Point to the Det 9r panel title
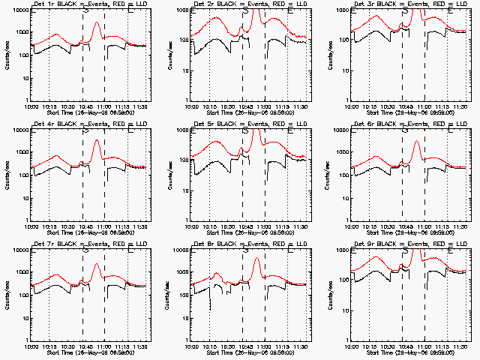pyautogui.click(x=409, y=244)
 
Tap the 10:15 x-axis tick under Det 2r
pyautogui.click(x=212, y=106)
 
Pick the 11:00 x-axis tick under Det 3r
pyautogui.click(x=424, y=106)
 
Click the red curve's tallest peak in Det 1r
pyautogui.click(x=97, y=22)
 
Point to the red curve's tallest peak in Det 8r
pyautogui.click(x=256, y=259)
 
